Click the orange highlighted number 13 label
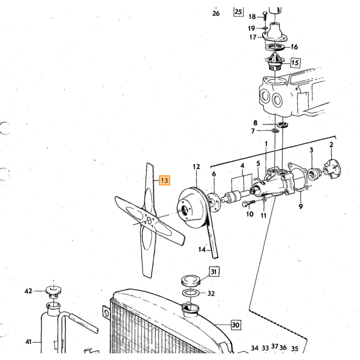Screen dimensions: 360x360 point(165,181)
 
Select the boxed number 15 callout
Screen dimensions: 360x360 point(295,62)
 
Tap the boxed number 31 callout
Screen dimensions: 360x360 point(214,272)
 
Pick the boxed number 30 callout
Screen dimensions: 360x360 point(236,325)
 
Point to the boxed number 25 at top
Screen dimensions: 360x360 point(239,12)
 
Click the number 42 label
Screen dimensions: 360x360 point(28,291)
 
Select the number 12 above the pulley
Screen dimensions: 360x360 point(196,167)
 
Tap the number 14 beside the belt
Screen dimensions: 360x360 point(202,249)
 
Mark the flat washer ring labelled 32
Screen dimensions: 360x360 point(190,293)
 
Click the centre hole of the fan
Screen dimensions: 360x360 point(150,221)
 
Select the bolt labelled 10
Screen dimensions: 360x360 point(248,203)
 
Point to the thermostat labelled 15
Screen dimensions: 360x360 point(275,63)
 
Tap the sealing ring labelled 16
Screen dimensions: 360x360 point(275,48)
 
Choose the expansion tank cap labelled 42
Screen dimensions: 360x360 point(53,290)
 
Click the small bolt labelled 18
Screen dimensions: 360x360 point(264,16)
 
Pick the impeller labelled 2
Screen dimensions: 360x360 point(332,170)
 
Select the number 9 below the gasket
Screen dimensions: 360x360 point(301,206)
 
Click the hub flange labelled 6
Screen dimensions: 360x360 point(213,203)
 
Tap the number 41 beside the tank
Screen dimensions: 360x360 point(28,342)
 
